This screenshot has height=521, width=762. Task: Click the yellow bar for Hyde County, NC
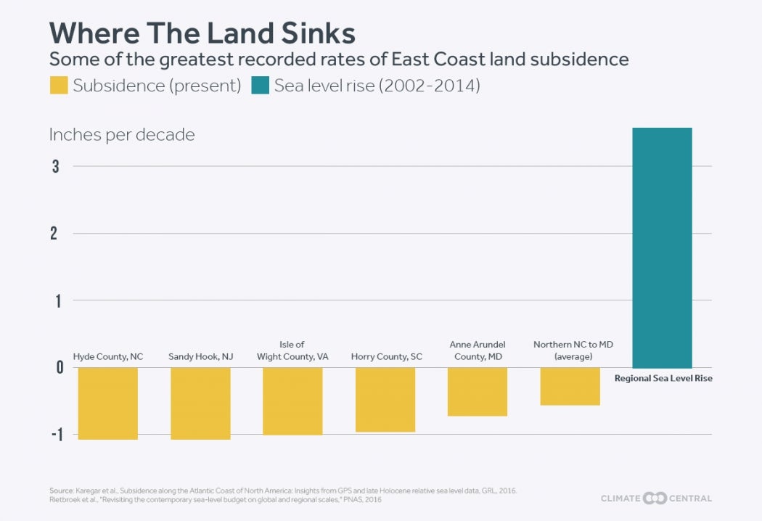(107, 403)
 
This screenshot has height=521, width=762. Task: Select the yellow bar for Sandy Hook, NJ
(200, 403)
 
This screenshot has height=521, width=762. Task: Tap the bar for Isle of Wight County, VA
(292, 401)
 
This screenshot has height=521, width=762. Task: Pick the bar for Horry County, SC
(385, 399)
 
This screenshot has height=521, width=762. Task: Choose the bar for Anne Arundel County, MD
(477, 391)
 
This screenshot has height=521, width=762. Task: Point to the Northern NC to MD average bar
(570, 386)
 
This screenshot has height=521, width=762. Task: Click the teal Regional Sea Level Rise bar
(662, 247)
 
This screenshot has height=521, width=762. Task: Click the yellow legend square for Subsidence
(58, 86)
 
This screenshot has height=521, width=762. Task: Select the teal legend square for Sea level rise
(260, 86)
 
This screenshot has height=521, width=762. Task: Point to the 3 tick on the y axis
(55, 166)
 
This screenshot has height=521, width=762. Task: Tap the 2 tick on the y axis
(55, 234)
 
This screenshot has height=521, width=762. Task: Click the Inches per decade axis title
(122, 135)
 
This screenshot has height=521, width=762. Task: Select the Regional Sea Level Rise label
(663, 378)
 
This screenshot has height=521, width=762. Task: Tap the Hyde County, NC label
(108, 357)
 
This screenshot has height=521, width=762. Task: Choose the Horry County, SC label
(386, 357)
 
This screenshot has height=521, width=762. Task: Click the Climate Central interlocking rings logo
(655, 499)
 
